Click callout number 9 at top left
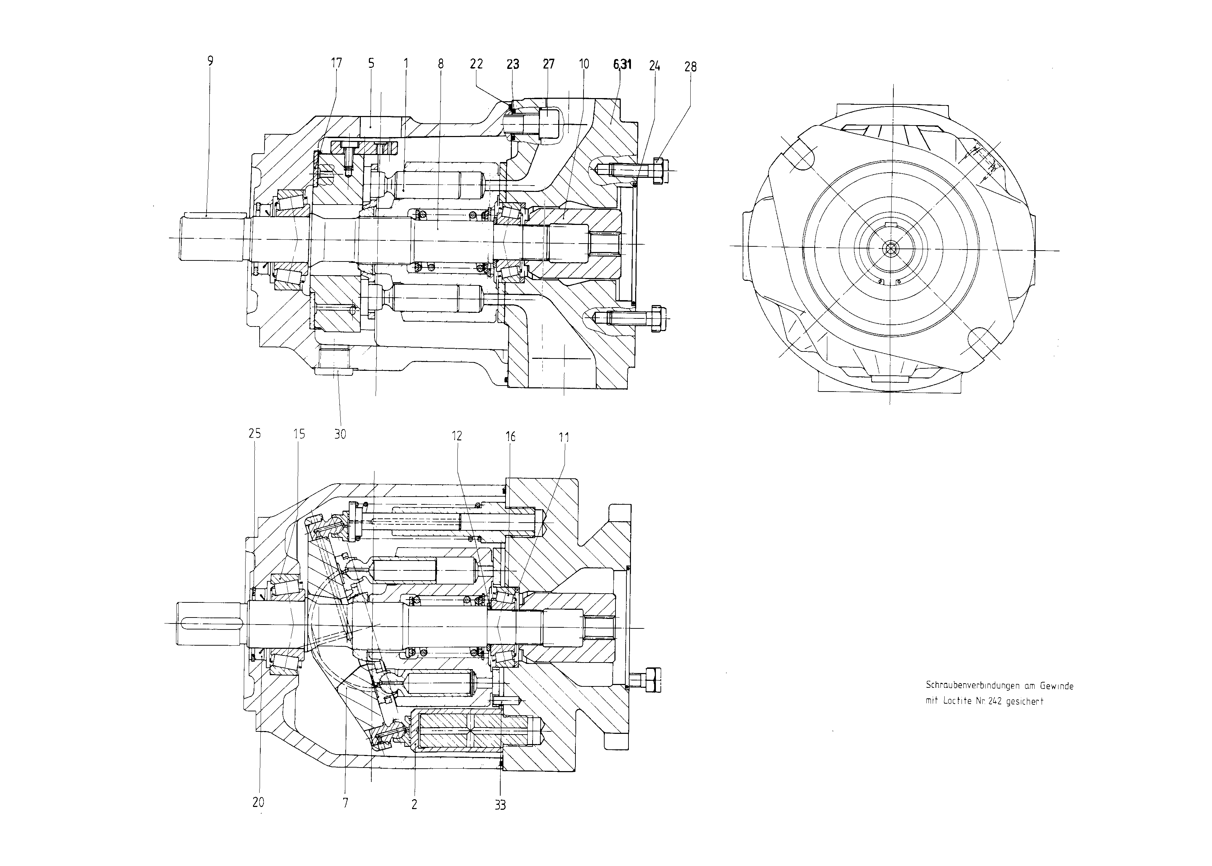(x=210, y=61)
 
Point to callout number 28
(x=690, y=67)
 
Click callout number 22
(x=476, y=64)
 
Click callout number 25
(x=255, y=434)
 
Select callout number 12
(x=457, y=436)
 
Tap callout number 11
(x=564, y=437)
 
